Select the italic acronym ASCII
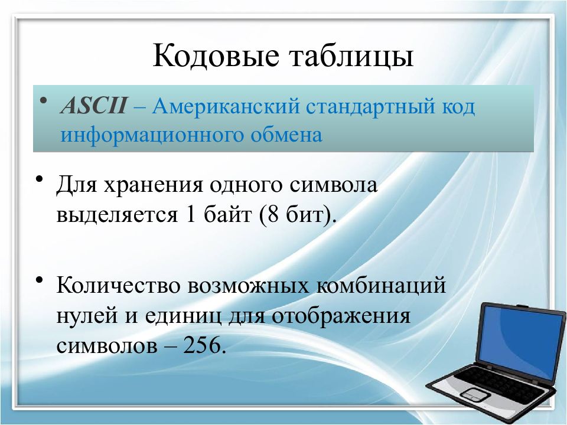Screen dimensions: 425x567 pos(94,107)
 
